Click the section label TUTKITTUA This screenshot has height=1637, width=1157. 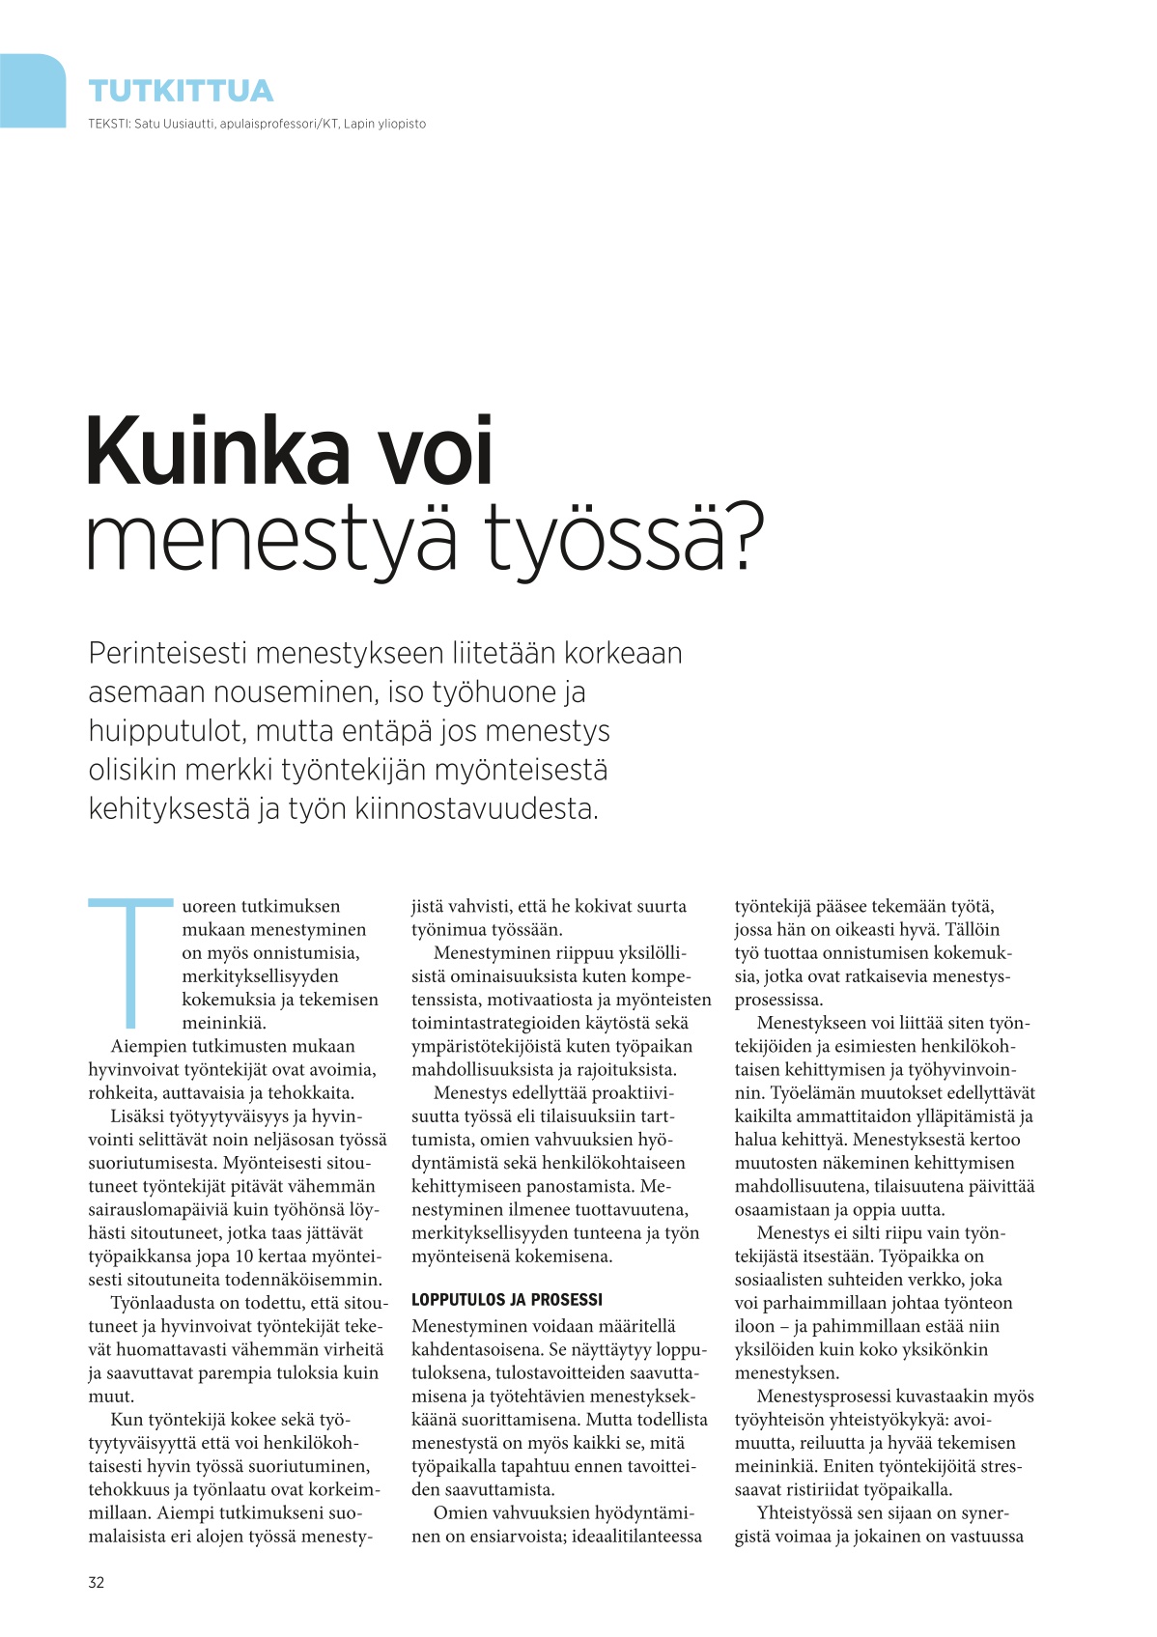pyautogui.click(x=181, y=91)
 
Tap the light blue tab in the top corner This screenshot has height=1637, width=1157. pyautogui.click(x=31, y=90)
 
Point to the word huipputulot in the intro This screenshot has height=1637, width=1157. pyautogui.click(x=166, y=731)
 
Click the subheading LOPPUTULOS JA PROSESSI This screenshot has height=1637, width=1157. pyautogui.click(x=506, y=1300)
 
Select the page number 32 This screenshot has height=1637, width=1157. pyautogui.click(x=97, y=1582)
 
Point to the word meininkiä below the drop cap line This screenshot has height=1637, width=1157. pyautogui.click(x=224, y=1023)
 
